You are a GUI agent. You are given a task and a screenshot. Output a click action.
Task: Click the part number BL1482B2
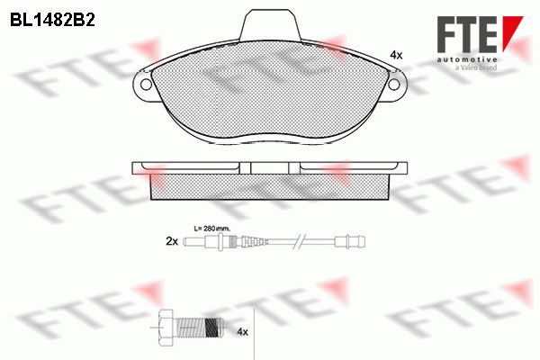pyautogui.click(x=52, y=21)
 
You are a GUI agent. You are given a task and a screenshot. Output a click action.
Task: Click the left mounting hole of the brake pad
pyautogui.click(x=147, y=85)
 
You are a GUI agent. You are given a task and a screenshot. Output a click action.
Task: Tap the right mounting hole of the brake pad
pyautogui.click(x=393, y=85)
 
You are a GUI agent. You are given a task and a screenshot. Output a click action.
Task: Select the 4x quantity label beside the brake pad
pyautogui.click(x=396, y=55)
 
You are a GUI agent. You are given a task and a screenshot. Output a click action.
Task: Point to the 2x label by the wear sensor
pyautogui.click(x=172, y=241)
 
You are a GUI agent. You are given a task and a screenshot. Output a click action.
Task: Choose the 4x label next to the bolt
pyautogui.click(x=242, y=332)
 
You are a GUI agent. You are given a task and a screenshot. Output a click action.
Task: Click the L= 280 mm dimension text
pyautogui.click(x=212, y=228)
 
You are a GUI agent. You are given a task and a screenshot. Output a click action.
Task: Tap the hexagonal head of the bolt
pyautogui.click(x=166, y=328)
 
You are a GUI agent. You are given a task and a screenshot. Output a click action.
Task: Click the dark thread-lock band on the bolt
pyautogui.click(x=211, y=328)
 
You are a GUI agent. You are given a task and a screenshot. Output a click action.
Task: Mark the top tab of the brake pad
pyautogui.click(x=270, y=25)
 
